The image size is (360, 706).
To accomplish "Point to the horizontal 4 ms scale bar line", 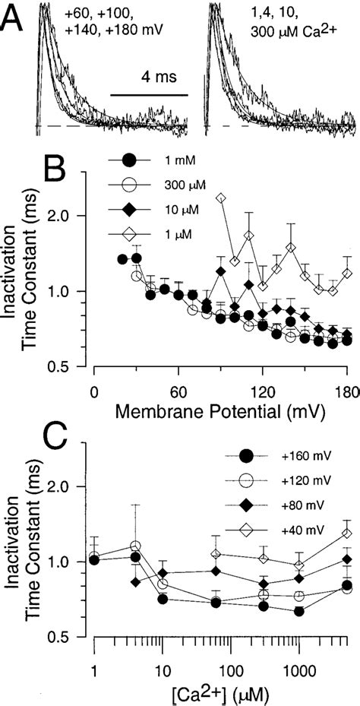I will (149, 95).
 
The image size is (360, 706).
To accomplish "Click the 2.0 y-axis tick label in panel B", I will (66, 216).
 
